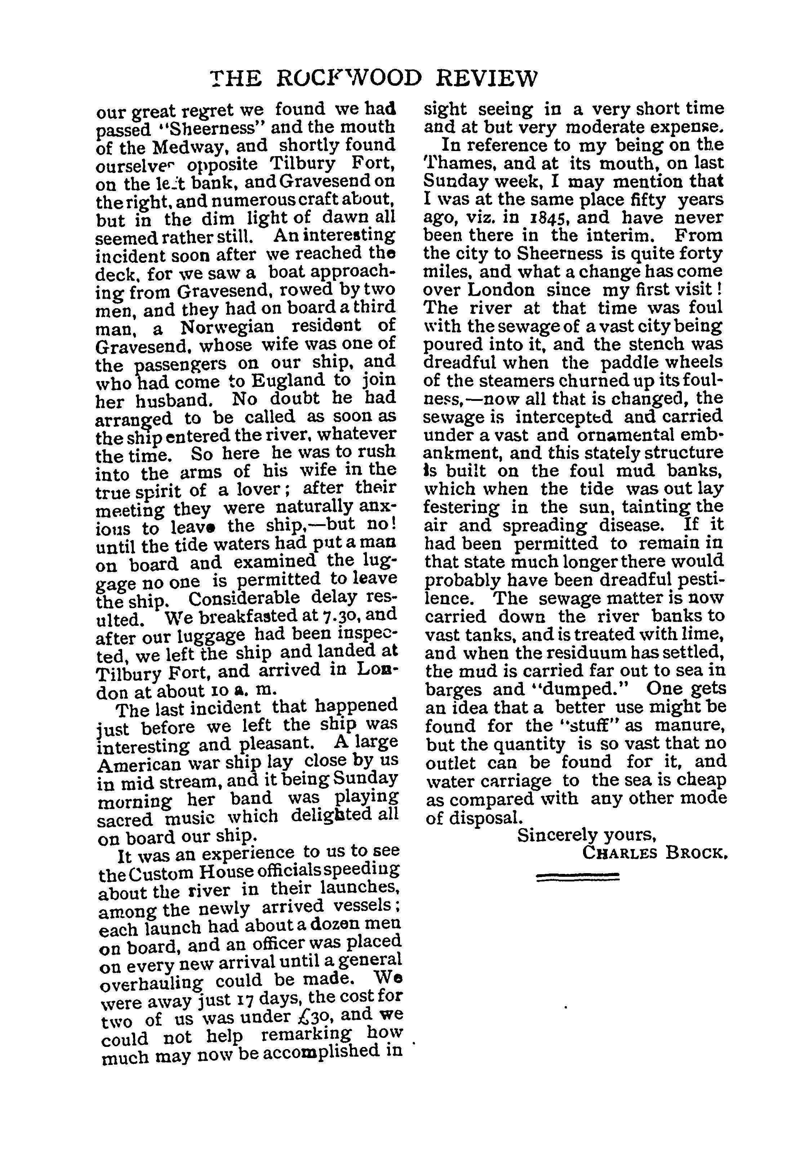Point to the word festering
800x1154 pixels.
(x=461, y=507)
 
